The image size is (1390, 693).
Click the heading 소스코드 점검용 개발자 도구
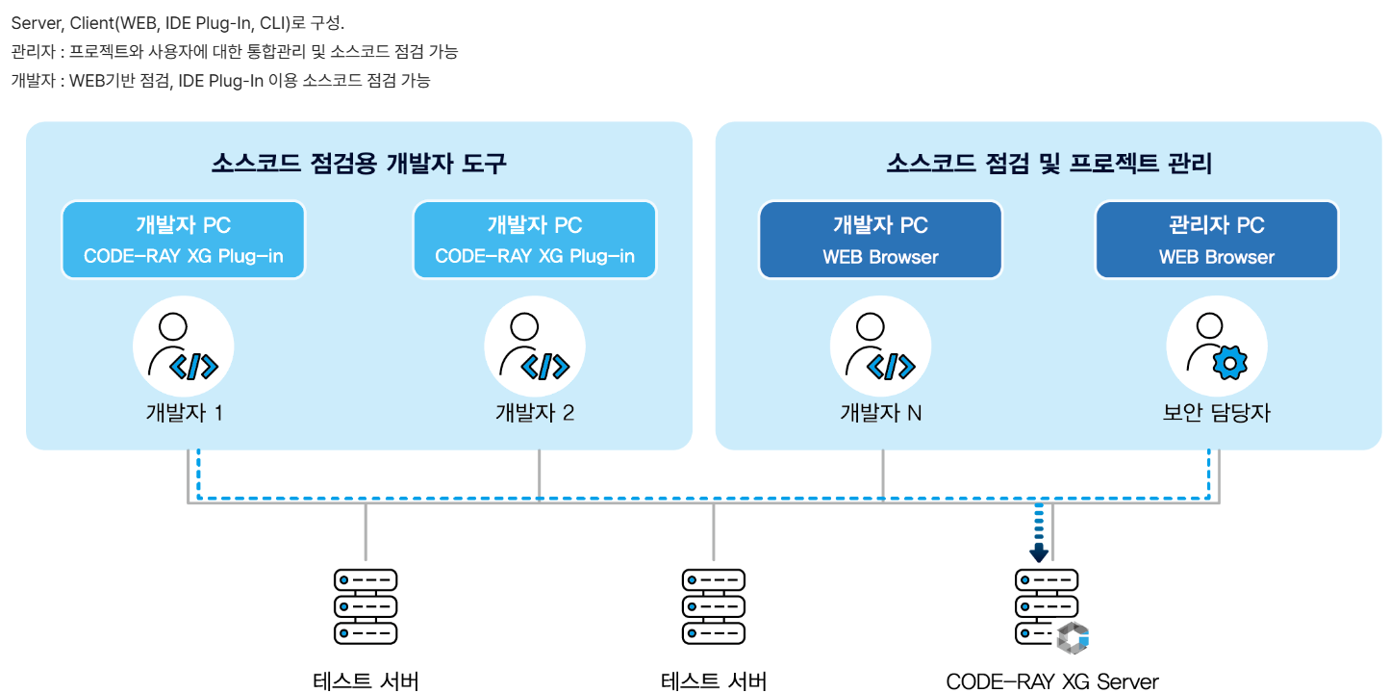click(359, 164)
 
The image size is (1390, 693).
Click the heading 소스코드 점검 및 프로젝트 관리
click(1049, 164)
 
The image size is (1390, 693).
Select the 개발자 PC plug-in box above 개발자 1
click(183, 240)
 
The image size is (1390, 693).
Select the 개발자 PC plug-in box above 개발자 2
click(534, 240)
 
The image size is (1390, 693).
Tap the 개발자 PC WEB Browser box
click(880, 240)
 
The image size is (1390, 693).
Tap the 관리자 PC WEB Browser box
click(1217, 240)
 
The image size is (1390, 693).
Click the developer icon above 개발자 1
click(183, 346)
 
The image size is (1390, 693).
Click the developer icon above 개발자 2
click(534, 346)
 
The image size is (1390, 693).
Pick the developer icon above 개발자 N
click(880, 346)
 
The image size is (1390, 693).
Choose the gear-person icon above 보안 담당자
click(1217, 346)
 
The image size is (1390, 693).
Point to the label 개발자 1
click(185, 413)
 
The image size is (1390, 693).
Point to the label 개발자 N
click(880, 413)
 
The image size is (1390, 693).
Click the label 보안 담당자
click(1217, 413)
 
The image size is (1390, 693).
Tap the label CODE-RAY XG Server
click(1052, 681)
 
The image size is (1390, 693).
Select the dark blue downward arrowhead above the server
click(1039, 553)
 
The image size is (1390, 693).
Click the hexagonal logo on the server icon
click(1072, 638)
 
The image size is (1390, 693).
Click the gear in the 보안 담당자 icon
click(1227, 362)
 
